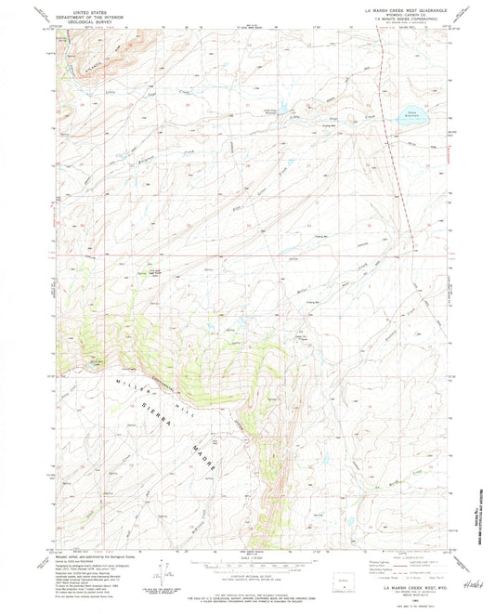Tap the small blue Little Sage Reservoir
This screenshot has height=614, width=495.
[x=276, y=104]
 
